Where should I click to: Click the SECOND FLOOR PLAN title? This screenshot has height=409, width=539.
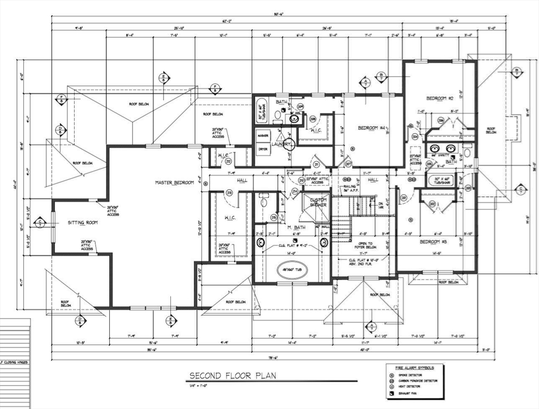pos(233,376)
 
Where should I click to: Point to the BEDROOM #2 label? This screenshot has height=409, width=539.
pos(439,99)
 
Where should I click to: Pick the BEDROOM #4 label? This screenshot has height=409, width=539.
pos(371,128)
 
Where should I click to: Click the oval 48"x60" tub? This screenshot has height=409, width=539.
pos(292,269)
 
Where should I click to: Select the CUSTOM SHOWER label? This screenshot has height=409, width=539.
pos(318,202)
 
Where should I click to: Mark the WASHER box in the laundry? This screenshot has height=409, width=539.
pos(263,136)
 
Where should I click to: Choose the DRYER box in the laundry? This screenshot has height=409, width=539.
pos(263,149)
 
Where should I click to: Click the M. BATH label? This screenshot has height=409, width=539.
pos(296,228)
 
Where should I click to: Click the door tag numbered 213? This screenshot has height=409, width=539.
pos(230,192)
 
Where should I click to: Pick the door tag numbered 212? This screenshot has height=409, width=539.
pos(228,161)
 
